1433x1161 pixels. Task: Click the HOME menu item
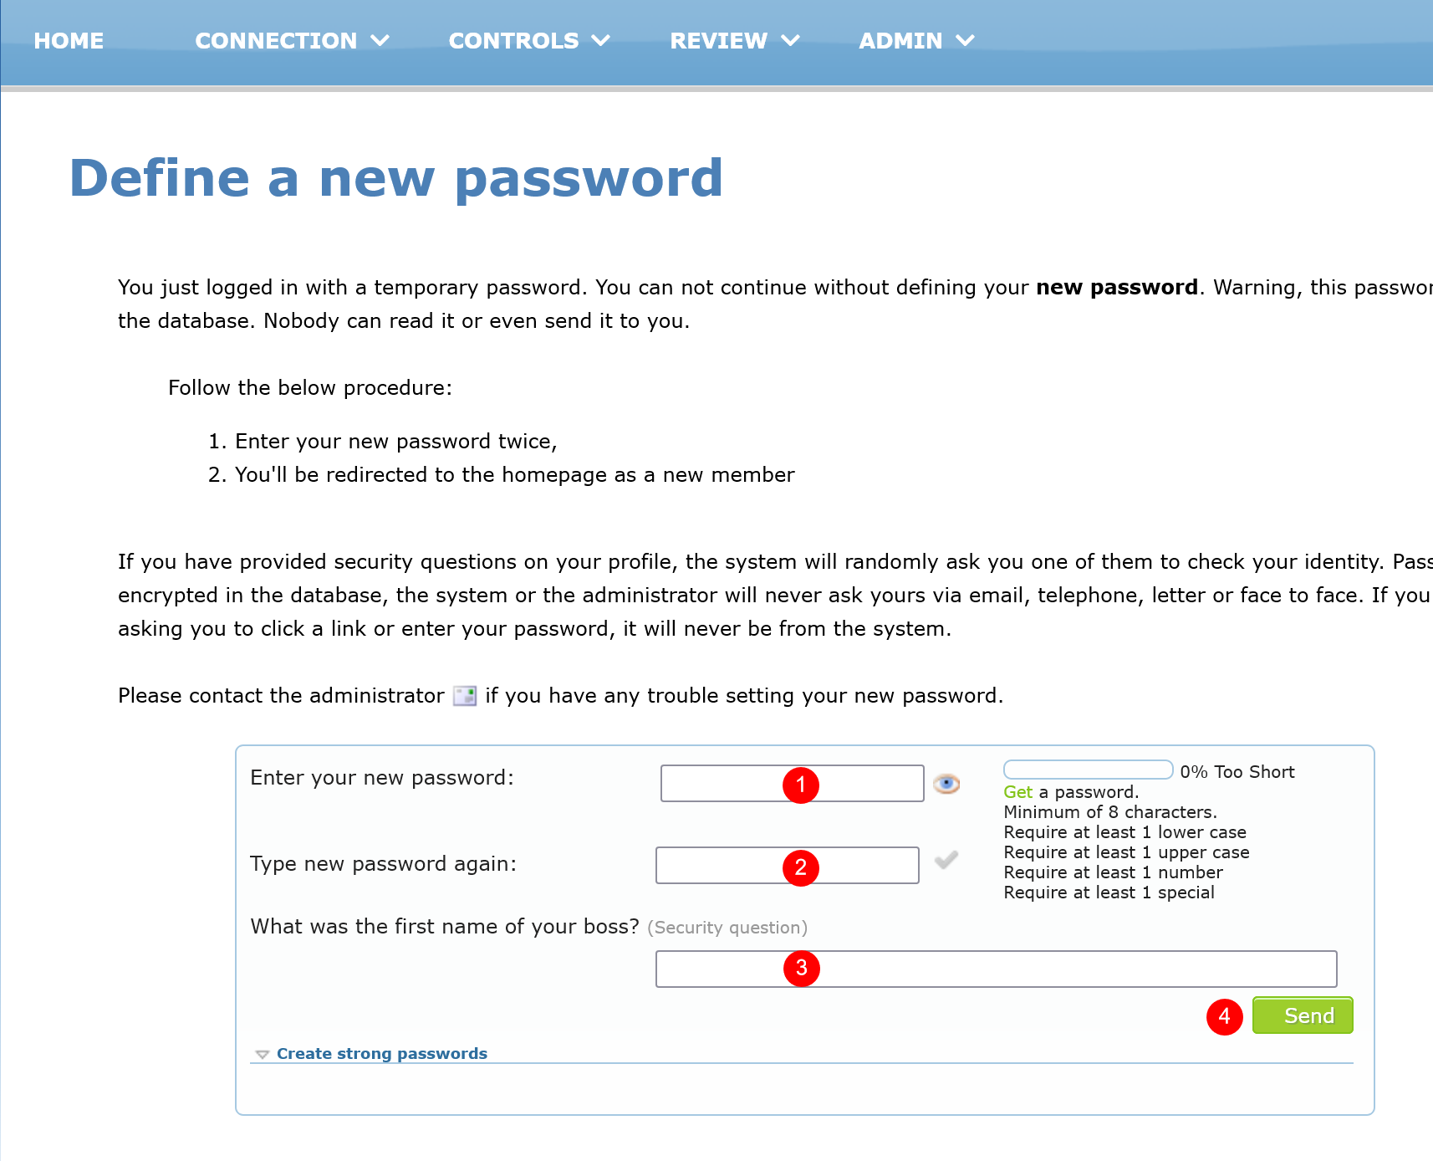69,40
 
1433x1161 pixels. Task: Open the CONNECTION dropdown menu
292,40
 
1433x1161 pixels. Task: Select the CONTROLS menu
528,40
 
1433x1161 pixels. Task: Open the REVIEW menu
734,40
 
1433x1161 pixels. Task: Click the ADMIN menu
916,40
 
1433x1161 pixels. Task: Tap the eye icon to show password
946,784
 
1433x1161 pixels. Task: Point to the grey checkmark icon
946,860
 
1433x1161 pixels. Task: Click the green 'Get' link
1017,792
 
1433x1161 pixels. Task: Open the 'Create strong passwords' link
381,1054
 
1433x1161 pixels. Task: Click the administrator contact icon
465,696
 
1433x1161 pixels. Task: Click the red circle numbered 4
1225,1016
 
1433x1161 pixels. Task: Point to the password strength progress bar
1088,770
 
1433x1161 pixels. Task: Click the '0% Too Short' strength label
1237,772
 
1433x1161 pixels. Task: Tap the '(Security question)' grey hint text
727,928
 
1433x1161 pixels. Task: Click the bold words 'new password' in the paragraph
1116,288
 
